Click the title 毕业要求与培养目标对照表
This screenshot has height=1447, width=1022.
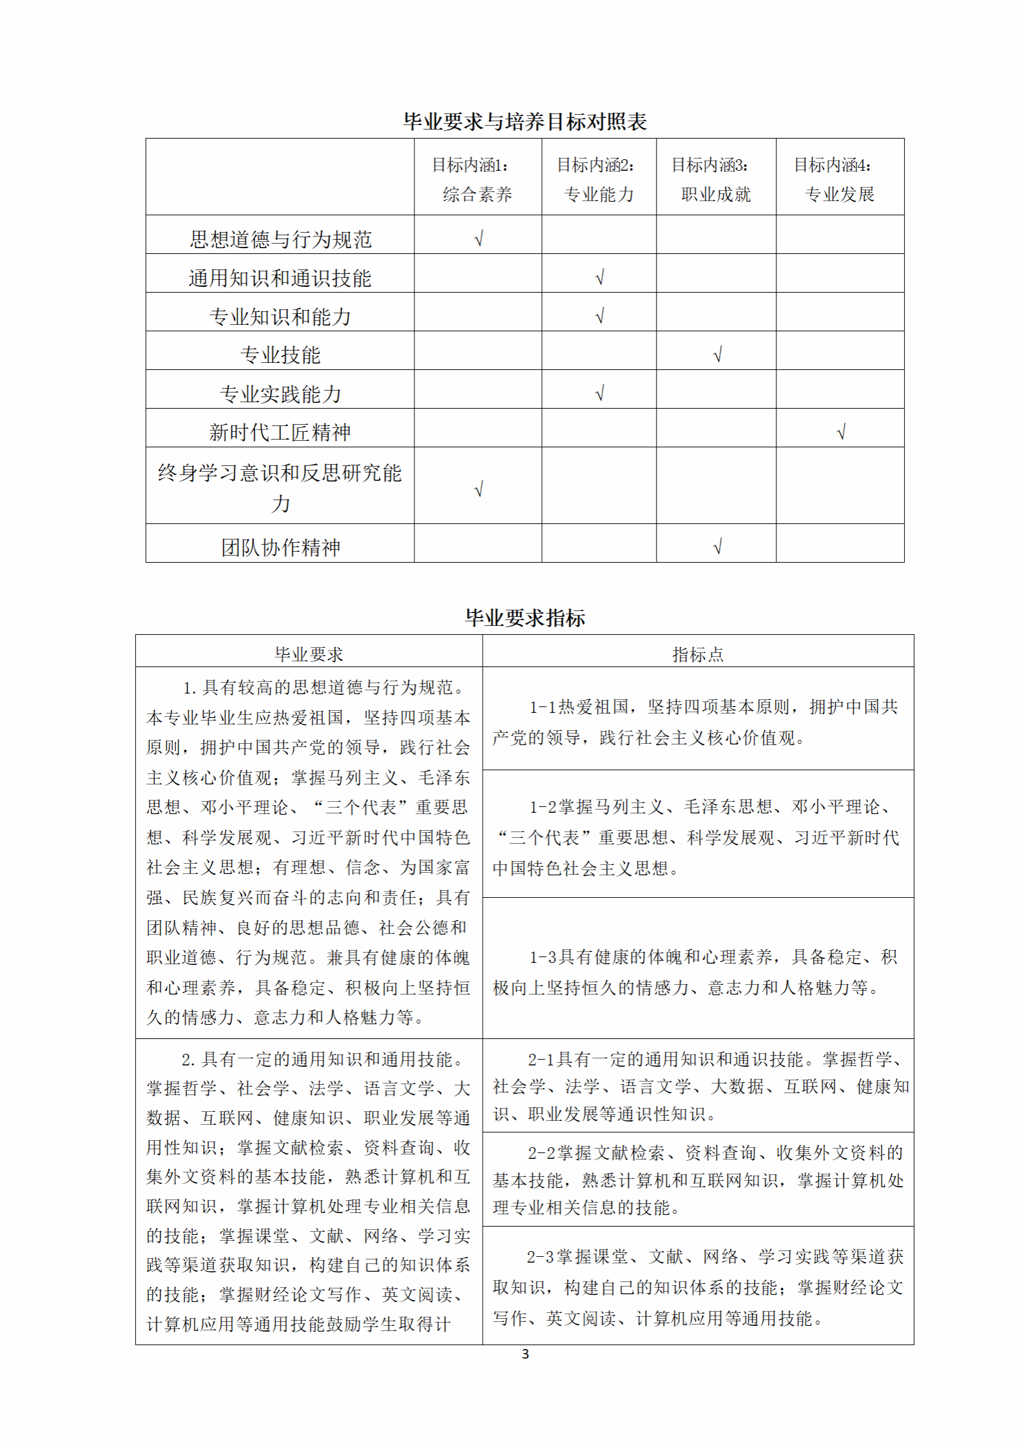point(525,122)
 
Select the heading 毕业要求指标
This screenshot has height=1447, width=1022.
point(525,618)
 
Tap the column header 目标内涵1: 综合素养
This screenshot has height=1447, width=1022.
point(477,179)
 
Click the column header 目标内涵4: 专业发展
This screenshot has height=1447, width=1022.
point(839,179)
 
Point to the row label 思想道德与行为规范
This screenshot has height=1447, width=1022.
point(280,239)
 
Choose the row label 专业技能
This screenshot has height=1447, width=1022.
point(280,354)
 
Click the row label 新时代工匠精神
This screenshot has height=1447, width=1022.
point(280,432)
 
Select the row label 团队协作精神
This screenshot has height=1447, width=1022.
point(280,547)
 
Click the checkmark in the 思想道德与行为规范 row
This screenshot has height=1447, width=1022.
point(478,239)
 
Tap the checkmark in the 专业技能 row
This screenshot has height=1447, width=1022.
point(717,354)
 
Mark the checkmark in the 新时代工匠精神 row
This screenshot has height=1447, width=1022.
point(840,432)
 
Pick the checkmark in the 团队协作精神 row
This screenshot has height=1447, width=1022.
point(717,547)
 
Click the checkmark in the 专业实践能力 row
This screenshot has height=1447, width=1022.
point(599,393)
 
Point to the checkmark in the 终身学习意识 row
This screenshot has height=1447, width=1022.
point(478,489)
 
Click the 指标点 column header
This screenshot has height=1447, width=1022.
point(698,654)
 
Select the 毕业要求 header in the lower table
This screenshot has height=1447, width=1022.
point(309,654)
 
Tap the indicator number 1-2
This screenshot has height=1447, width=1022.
point(543,807)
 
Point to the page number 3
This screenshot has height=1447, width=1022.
point(525,1354)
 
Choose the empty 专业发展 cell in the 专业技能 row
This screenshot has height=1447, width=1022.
point(840,351)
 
